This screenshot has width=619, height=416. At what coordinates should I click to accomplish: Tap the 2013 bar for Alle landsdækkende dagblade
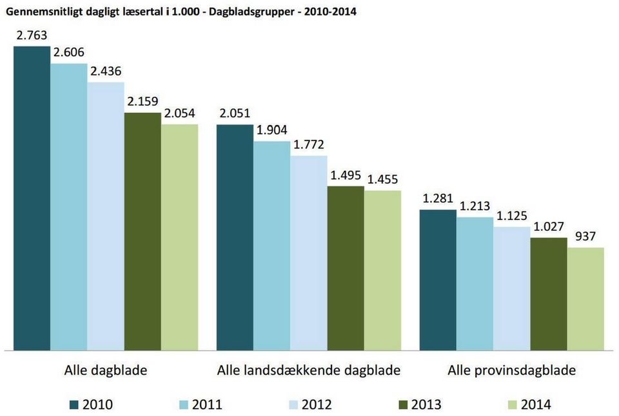[x=346, y=268]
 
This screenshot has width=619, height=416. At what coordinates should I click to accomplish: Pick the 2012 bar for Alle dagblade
[x=106, y=216]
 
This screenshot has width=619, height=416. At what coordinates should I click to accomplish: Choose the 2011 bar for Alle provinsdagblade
[x=475, y=284]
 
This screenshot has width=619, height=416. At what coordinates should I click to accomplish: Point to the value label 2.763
[x=32, y=36]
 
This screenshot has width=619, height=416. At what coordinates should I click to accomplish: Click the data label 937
[x=585, y=237]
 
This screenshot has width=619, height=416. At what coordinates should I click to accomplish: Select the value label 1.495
[x=346, y=175]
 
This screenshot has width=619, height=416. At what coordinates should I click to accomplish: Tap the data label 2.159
[x=142, y=101]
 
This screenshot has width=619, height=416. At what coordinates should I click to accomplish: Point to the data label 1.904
[x=271, y=130]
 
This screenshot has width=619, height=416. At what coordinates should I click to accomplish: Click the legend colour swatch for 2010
[x=74, y=404]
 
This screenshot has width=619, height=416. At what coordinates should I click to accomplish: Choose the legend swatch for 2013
[x=403, y=404]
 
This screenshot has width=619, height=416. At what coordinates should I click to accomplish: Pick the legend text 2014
[x=536, y=404]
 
